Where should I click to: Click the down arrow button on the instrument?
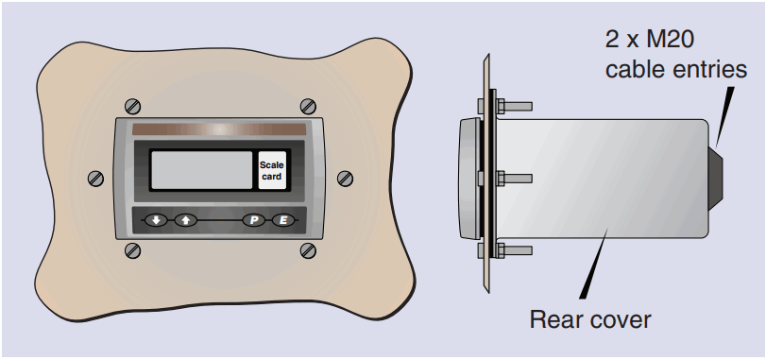point(156,220)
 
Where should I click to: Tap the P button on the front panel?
point(254,220)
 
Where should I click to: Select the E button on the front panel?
point(282,220)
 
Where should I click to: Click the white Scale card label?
point(272,171)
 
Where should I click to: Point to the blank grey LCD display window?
point(201,171)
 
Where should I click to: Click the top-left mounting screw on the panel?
point(131,104)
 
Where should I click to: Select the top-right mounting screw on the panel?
point(307,104)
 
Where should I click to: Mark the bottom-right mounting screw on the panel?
point(307,249)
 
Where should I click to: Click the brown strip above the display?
point(218,129)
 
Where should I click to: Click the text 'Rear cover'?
point(589,319)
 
